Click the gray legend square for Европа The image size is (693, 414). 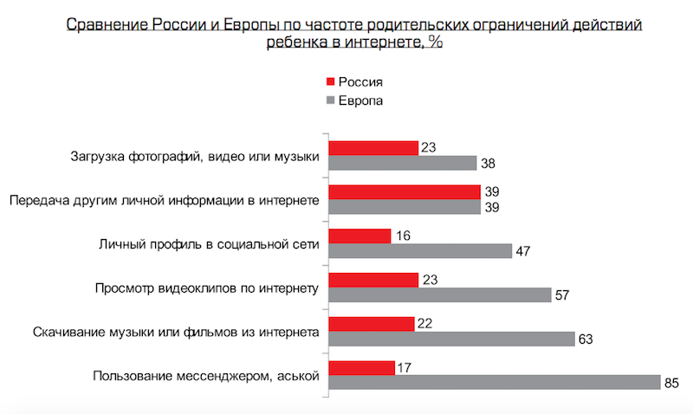[x=329, y=101]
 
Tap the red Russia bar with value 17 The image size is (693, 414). [x=362, y=367]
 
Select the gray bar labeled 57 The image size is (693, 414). [x=440, y=294]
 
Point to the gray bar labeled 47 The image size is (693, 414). [x=421, y=250]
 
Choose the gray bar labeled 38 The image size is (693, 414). [x=404, y=163]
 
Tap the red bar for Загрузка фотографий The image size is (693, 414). [x=373, y=147]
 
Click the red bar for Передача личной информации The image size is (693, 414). [x=405, y=191]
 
